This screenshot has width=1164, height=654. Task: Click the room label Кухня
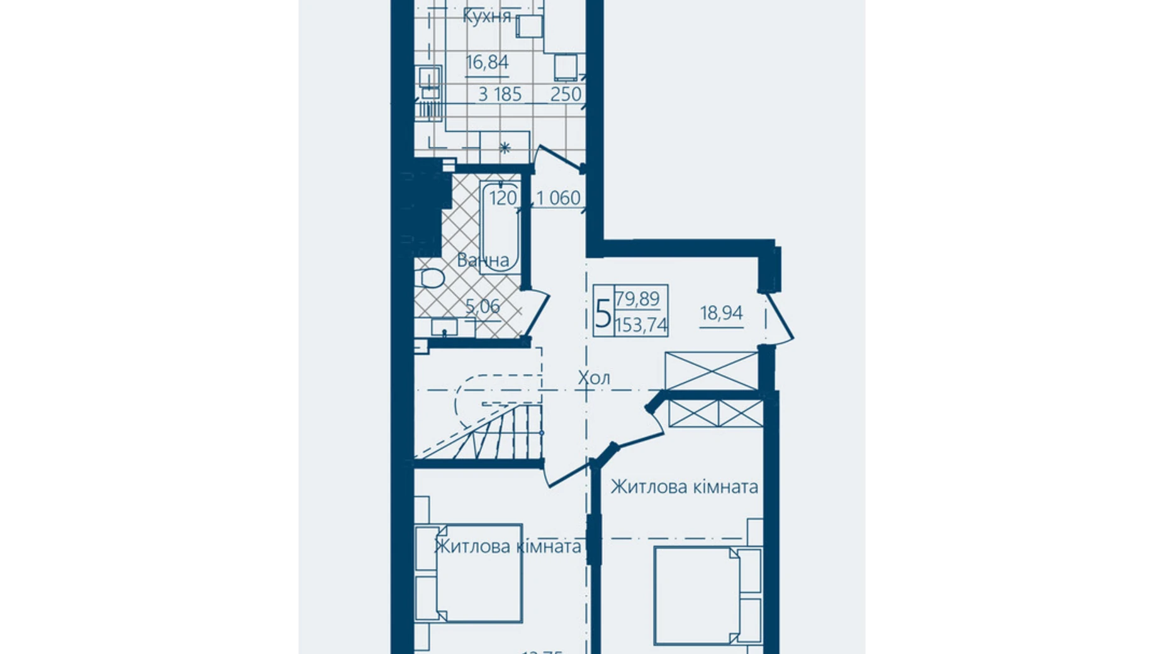pos(486,16)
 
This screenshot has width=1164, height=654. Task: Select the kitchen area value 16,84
pos(487,62)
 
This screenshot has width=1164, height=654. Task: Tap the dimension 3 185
pos(500,94)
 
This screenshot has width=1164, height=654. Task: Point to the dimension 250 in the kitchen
pos(566,94)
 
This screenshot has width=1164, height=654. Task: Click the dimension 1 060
pos(558,198)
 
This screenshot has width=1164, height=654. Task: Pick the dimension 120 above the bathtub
pos(503,198)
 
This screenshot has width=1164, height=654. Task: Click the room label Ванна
pos(483,260)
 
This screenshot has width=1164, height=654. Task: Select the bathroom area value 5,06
pos(483,306)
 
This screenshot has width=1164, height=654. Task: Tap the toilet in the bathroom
pos(431,277)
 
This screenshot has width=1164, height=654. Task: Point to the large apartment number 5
pos(603,313)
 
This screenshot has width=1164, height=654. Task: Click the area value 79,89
pos(638,298)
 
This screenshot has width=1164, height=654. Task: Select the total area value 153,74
pos(641,325)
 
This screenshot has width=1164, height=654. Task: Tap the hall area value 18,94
pos(721,313)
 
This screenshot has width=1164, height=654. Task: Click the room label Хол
pos(594,378)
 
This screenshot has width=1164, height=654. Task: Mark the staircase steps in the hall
pos(503,434)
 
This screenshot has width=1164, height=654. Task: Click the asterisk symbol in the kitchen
pos(505,148)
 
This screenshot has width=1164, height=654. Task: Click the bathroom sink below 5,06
pos(444,326)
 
